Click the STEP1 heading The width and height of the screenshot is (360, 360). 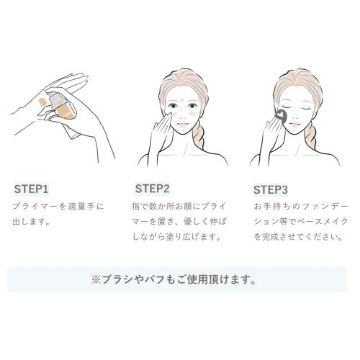click(x=32, y=189)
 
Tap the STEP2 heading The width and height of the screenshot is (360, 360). click(x=153, y=189)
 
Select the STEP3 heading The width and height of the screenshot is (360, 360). click(x=271, y=189)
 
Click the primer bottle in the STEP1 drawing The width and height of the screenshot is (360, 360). click(x=63, y=109)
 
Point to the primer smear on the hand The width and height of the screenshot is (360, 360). click(x=42, y=102)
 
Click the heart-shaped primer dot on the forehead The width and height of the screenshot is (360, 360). click(x=182, y=99)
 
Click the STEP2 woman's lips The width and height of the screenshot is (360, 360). click(x=182, y=125)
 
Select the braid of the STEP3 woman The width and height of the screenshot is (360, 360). click(x=310, y=136)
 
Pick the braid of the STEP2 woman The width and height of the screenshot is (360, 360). click(x=198, y=136)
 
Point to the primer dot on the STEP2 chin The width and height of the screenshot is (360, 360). click(x=183, y=130)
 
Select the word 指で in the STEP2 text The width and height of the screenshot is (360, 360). click(x=140, y=207)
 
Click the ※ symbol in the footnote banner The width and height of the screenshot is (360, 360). click(x=96, y=280)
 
